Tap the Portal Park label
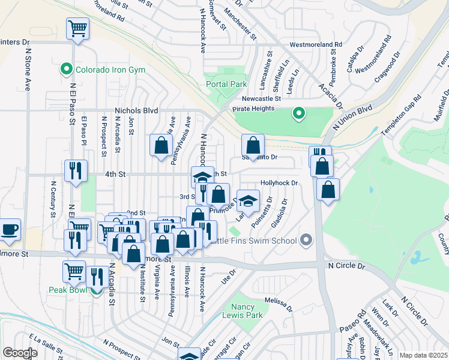click(226, 84)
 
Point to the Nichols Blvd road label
click(136, 111)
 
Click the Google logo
click(20, 353)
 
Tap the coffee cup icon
click(10, 229)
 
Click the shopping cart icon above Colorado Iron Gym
click(78, 28)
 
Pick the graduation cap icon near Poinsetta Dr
click(248, 200)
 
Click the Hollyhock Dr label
click(279, 182)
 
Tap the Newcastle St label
click(262, 99)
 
